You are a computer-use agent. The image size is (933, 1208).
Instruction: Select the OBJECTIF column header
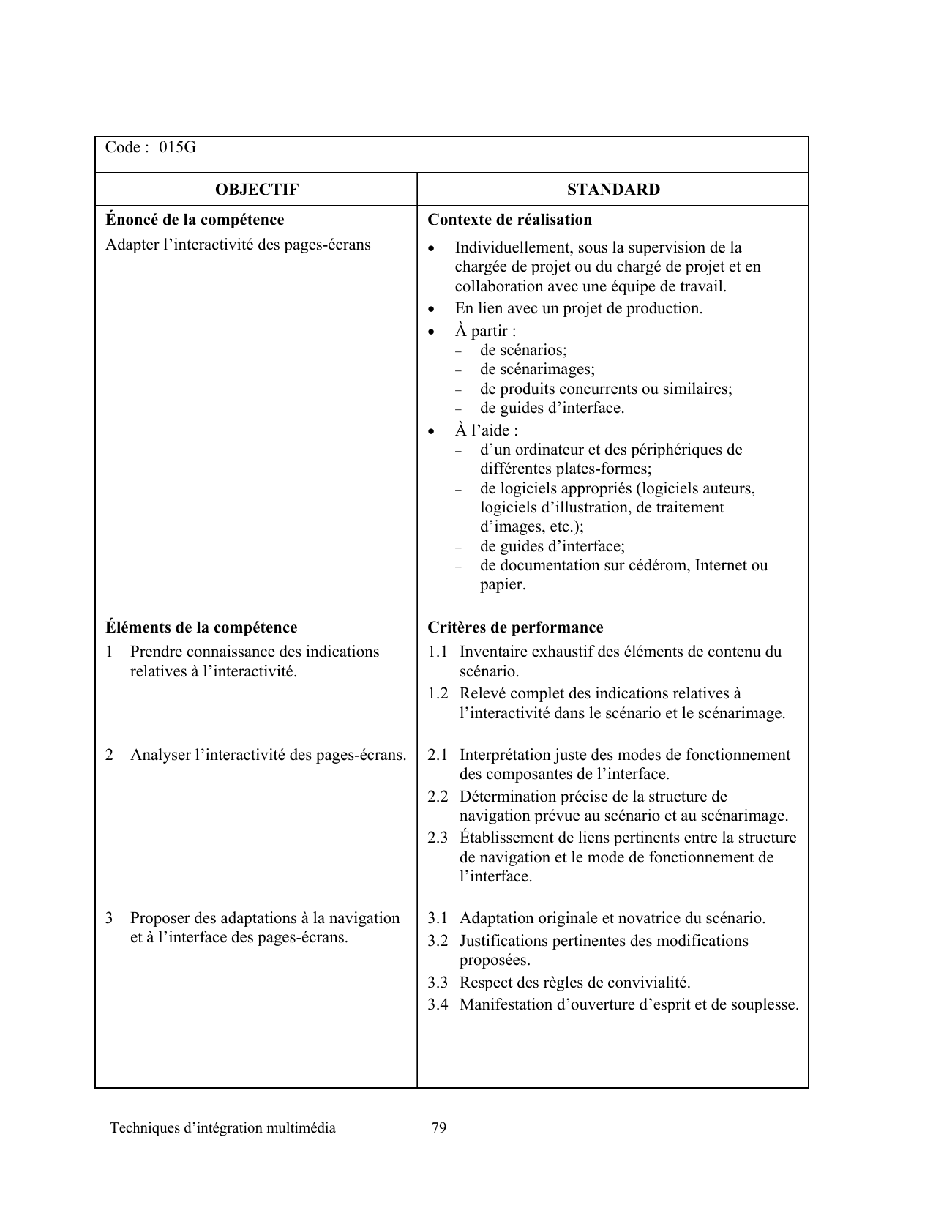click(x=257, y=190)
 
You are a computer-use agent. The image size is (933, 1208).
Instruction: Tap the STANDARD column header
click(x=613, y=190)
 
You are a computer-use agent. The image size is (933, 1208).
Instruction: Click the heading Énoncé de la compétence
click(x=195, y=220)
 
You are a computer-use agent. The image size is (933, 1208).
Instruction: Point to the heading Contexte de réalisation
click(x=509, y=220)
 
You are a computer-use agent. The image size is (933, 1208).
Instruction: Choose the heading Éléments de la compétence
click(x=201, y=627)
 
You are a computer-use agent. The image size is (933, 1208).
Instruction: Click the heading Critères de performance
click(x=515, y=627)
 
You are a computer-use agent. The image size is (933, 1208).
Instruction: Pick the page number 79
click(x=439, y=1127)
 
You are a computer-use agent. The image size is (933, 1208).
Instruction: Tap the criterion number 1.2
click(x=438, y=693)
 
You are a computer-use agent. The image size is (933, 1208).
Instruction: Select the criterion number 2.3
click(x=438, y=838)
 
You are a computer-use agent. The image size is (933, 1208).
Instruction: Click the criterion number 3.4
click(x=438, y=1004)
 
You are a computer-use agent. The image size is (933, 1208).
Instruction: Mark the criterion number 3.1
click(x=438, y=918)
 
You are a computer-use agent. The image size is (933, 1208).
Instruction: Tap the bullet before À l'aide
click(x=433, y=431)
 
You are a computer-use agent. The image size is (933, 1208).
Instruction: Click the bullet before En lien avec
click(x=433, y=309)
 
